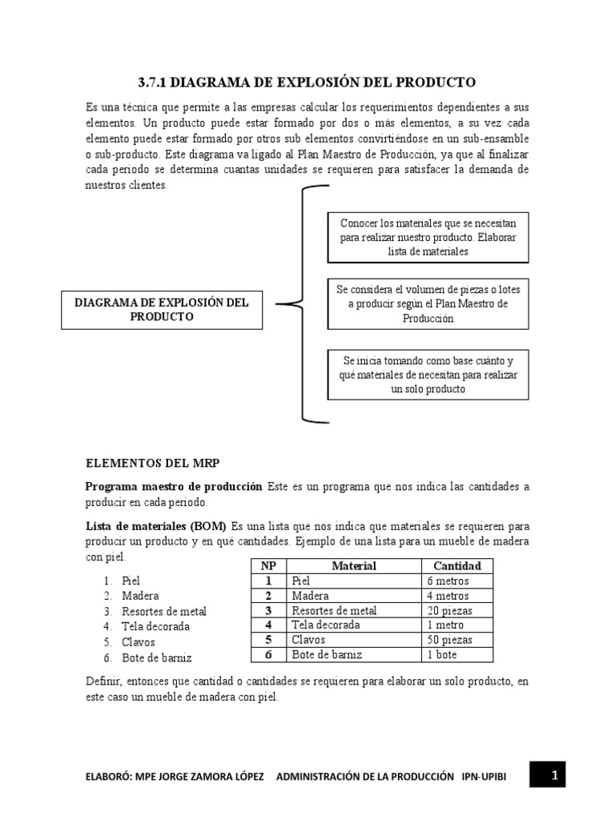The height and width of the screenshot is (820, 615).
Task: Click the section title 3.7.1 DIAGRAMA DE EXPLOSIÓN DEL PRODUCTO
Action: (307, 82)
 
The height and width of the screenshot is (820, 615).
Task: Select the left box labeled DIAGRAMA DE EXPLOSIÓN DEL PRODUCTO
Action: (162, 310)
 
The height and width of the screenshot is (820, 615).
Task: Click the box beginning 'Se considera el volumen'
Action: (428, 304)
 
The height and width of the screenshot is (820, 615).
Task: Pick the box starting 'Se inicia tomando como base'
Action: (428, 375)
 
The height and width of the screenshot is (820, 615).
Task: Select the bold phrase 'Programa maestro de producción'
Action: (174, 487)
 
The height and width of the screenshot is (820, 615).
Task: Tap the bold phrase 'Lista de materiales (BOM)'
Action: (157, 526)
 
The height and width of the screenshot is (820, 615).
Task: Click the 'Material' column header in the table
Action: (354, 566)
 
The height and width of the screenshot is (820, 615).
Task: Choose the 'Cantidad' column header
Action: (457, 566)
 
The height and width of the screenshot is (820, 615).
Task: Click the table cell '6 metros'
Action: (448, 581)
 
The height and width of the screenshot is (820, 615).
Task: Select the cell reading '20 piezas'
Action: (451, 610)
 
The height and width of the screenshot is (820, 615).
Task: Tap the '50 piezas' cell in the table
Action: (451, 640)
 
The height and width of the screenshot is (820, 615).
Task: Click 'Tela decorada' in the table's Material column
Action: (327, 625)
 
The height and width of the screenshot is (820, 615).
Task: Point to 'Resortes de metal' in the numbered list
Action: (163, 611)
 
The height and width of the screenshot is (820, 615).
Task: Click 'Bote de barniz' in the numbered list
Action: (157, 657)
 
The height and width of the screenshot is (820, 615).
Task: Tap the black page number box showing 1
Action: (553, 775)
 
